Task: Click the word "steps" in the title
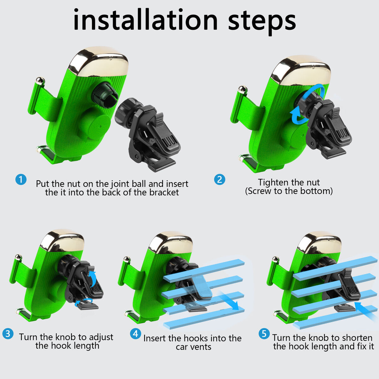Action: (262, 22)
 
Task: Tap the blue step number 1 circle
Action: (21, 179)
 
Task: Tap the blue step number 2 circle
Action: (220, 179)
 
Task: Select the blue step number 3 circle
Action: (8, 334)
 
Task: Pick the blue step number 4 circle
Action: (135, 334)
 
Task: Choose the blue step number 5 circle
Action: (264, 334)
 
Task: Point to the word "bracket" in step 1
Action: (164, 192)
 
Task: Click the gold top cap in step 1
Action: (98, 62)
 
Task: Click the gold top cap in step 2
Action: (301, 70)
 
